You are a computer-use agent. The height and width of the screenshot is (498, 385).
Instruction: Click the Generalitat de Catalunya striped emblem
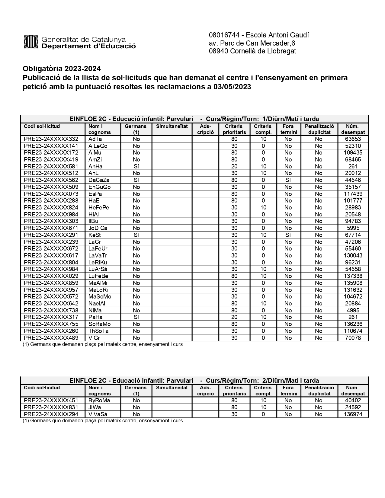(30, 42)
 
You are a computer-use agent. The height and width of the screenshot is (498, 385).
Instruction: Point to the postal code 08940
(218, 51)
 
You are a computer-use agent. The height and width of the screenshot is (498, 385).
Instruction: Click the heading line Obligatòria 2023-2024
(62, 69)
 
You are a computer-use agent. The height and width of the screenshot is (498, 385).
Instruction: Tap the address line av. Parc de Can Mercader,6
(252, 43)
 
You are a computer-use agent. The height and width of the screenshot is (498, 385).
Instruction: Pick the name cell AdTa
(95, 139)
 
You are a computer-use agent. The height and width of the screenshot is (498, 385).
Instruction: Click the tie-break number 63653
(353, 139)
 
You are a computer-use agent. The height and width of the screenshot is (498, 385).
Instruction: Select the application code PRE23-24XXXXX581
(51, 167)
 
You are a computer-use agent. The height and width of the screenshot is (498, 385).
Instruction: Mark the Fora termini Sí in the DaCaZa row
(288, 180)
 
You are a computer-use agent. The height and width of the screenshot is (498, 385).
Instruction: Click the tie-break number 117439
(353, 194)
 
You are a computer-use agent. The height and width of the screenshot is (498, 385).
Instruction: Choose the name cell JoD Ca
(98, 228)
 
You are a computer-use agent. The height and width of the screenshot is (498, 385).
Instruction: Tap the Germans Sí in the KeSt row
(136, 235)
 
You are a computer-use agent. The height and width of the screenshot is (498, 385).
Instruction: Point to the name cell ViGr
(94, 338)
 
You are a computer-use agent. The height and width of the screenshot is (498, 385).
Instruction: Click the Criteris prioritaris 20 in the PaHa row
(234, 317)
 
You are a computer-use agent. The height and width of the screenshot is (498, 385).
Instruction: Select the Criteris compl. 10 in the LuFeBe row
(263, 276)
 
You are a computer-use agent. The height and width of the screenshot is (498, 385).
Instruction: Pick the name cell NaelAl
(97, 304)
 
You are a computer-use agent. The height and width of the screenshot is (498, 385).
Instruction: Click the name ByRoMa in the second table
(99, 401)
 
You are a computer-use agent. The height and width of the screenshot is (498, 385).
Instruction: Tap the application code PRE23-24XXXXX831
(51, 407)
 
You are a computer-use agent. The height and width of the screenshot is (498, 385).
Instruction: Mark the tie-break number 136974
(353, 414)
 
